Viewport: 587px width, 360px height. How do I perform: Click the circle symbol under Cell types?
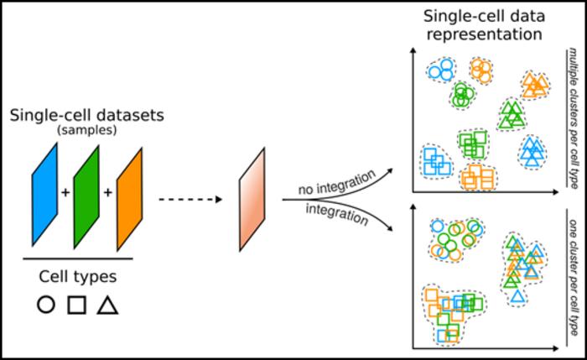coord(47,305)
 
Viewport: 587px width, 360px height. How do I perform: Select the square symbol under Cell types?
coord(77,305)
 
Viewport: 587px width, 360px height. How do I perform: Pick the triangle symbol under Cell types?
coord(106,305)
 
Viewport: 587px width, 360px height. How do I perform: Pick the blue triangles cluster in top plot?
coord(531,150)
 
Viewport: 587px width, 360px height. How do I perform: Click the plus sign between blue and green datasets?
coord(65,192)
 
